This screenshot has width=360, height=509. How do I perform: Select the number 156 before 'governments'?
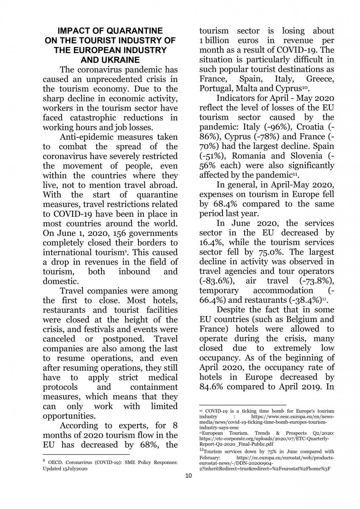(x=105, y=233)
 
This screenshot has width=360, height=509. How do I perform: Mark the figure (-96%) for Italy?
(x=278, y=127)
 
